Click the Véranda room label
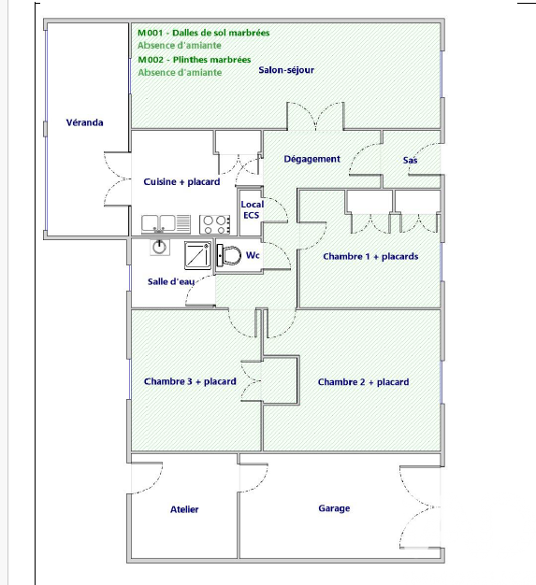pyautogui.click(x=84, y=122)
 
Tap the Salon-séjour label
pyautogui.click(x=286, y=70)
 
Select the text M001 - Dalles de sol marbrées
pyautogui.click(x=204, y=33)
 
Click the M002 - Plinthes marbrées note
pyautogui.click(x=195, y=60)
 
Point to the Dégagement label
pyautogui.click(x=311, y=159)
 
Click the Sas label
pyautogui.click(x=410, y=160)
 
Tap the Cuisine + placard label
pyautogui.click(x=181, y=181)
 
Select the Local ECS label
pyautogui.click(x=253, y=209)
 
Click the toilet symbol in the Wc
pyautogui.click(x=229, y=255)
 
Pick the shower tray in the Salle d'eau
pyautogui.click(x=197, y=255)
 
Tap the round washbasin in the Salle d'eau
pyautogui.click(x=160, y=248)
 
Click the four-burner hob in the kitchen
pyautogui.click(x=214, y=224)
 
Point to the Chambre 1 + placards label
pyautogui.click(x=370, y=257)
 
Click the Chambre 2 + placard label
pyautogui.click(x=364, y=382)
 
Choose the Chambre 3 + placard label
pyautogui.click(x=190, y=381)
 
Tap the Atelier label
pyautogui.click(x=184, y=509)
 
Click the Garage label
pyautogui.click(x=334, y=508)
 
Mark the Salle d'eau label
pyautogui.click(x=171, y=281)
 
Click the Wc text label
pyautogui.click(x=253, y=255)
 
